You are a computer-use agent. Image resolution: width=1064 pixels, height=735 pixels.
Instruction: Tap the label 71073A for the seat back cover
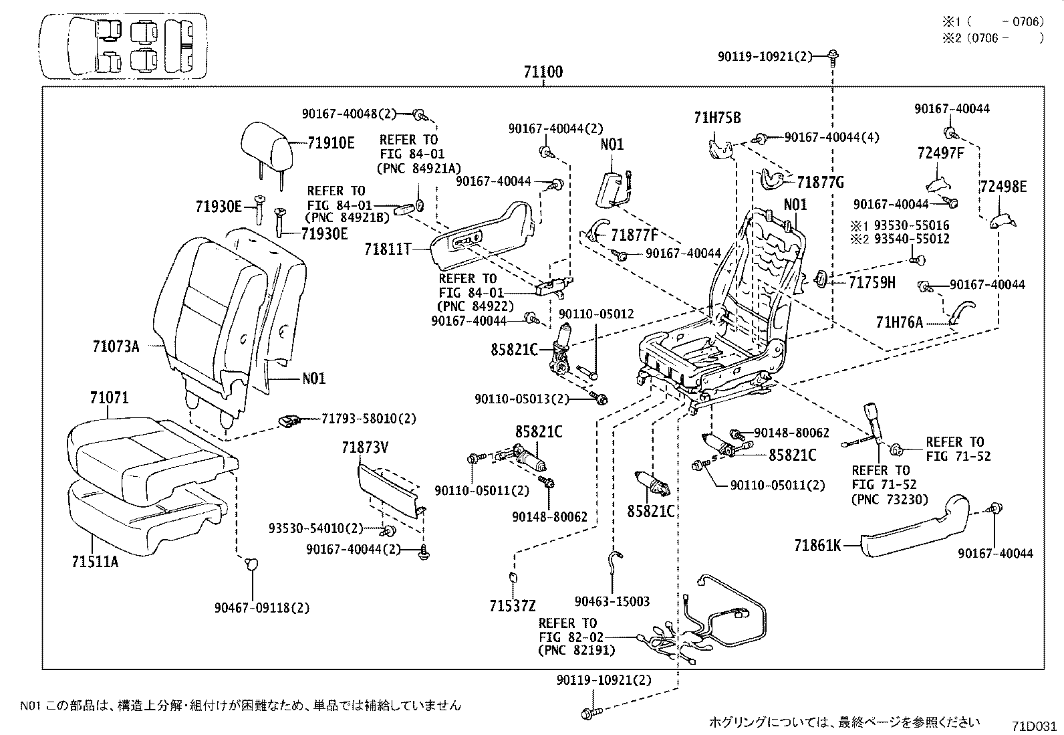point(116,346)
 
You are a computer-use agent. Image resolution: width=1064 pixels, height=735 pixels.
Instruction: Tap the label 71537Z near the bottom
point(512,606)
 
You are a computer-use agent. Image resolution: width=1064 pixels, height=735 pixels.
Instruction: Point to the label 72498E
point(1003,187)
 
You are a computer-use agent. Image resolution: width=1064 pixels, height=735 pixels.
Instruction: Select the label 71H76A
point(899,323)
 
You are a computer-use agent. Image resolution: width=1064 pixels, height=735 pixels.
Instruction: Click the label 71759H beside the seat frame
point(872,283)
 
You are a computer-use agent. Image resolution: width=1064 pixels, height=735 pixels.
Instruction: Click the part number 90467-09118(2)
point(262,608)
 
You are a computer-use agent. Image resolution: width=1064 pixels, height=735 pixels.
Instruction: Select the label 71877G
point(821,182)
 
